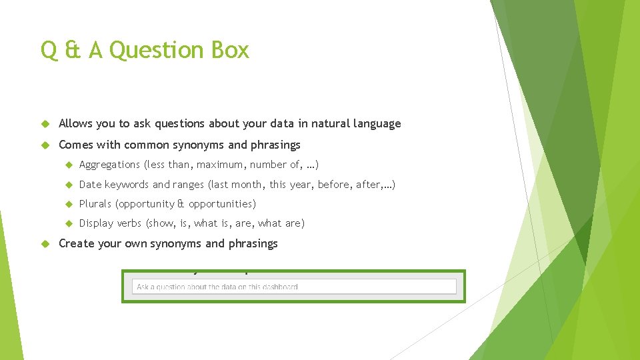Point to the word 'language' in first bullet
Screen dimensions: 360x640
point(378,124)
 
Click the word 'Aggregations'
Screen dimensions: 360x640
point(109,165)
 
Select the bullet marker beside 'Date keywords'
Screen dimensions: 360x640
point(67,185)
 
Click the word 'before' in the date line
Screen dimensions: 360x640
point(333,184)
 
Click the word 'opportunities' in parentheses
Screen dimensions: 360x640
point(220,203)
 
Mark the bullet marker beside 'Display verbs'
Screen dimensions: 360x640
point(67,223)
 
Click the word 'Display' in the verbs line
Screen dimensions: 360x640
point(96,223)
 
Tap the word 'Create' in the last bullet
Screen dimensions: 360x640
point(76,243)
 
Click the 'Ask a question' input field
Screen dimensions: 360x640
point(294,287)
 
